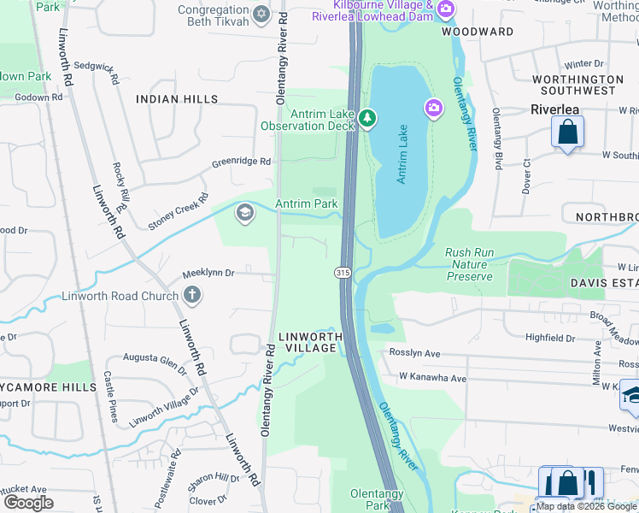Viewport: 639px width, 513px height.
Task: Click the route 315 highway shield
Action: (x=342, y=272)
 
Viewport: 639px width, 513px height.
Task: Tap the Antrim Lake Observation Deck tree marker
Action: (x=367, y=118)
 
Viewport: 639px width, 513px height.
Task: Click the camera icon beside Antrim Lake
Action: (x=434, y=107)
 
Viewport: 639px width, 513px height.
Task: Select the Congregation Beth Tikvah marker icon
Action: (x=261, y=15)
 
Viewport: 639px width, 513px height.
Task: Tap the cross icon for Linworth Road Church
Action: (x=192, y=297)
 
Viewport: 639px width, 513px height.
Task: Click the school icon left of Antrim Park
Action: (x=245, y=212)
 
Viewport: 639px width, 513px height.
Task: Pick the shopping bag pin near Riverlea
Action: (x=566, y=133)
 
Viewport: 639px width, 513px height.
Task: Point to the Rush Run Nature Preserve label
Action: (x=469, y=264)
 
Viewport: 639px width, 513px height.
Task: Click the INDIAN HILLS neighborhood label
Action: (x=176, y=99)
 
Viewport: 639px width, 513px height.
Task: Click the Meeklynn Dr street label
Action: (x=208, y=274)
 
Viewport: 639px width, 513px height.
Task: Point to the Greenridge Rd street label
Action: (x=241, y=161)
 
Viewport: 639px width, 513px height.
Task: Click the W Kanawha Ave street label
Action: (x=433, y=378)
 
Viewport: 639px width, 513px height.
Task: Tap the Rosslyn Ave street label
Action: (x=414, y=353)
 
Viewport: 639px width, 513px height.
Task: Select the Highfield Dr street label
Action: (x=550, y=338)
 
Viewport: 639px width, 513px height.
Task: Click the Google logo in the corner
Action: (x=28, y=503)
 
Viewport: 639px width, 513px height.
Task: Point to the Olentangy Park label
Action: (x=371, y=500)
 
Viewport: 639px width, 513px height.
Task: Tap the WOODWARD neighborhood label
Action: (x=478, y=32)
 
